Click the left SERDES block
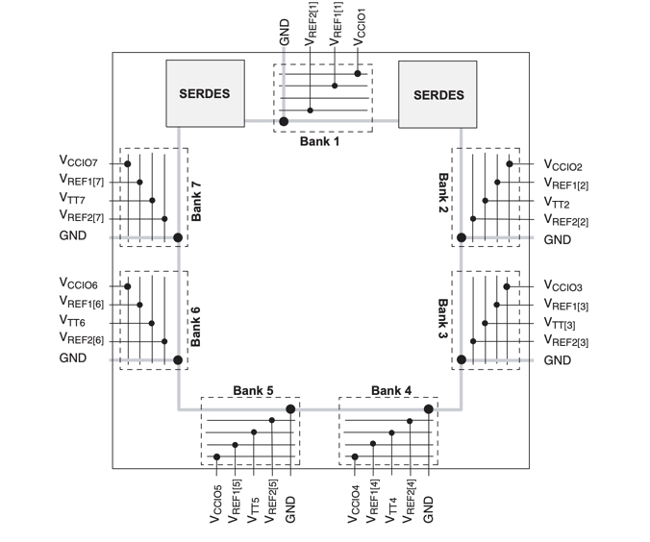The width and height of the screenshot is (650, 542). (x=204, y=94)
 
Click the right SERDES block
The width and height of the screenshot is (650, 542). (x=438, y=94)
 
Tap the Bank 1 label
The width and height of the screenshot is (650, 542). (x=322, y=141)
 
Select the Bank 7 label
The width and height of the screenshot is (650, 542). (x=196, y=200)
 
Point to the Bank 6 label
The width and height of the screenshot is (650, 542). (x=196, y=325)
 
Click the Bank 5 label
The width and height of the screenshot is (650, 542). (x=253, y=390)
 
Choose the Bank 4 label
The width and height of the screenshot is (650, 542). (x=391, y=390)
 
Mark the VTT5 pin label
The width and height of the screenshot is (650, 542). (x=255, y=505)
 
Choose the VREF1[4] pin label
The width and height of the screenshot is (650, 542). (x=375, y=503)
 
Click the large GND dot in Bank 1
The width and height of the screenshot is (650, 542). (x=284, y=122)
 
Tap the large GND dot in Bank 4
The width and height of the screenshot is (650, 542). (x=429, y=409)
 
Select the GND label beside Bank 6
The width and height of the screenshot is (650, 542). (x=73, y=357)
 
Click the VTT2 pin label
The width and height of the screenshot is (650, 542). (x=558, y=204)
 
